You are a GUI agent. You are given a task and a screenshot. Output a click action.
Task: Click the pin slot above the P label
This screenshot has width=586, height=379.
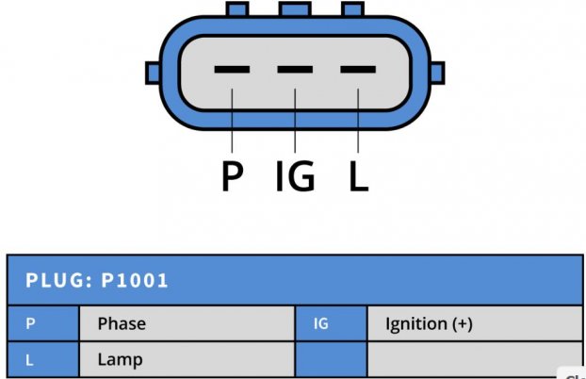click(232, 69)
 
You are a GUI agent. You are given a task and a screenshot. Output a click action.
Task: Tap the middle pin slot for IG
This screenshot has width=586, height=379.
click(295, 69)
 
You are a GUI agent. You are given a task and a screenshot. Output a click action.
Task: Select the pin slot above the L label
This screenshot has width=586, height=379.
click(358, 69)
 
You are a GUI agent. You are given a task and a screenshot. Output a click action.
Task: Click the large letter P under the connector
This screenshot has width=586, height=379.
click(233, 176)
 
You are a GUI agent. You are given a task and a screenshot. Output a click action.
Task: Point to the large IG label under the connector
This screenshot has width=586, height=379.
click(295, 176)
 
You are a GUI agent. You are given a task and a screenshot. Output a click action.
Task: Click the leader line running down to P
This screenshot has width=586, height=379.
click(232, 121)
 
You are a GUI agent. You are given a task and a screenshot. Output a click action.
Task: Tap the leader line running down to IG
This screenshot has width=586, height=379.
click(295, 121)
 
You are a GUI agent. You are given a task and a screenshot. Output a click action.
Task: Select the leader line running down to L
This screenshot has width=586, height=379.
click(358, 121)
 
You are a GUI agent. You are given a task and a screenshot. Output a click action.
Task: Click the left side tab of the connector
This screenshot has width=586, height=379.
click(153, 73)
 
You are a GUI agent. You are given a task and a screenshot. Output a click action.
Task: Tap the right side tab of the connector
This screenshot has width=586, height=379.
click(438, 73)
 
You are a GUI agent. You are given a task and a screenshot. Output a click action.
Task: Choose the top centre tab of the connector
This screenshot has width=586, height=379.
click(295, 9)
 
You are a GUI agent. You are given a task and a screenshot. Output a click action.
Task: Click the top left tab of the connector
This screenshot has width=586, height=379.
click(237, 9)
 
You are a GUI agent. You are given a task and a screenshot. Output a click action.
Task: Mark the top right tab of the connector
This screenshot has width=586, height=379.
click(352, 9)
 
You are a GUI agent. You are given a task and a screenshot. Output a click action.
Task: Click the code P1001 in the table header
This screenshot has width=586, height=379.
click(135, 281)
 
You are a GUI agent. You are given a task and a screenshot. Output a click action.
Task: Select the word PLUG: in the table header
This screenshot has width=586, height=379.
click(58, 281)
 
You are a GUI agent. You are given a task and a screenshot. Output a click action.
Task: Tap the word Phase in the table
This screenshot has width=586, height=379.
click(122, 323)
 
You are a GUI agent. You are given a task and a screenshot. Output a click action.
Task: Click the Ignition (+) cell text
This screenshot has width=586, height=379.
click(429, 324)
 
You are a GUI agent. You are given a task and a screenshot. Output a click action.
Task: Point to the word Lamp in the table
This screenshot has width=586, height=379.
click(120, 360)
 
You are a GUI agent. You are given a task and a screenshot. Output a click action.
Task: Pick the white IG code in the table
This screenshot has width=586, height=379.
click(321, 324)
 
